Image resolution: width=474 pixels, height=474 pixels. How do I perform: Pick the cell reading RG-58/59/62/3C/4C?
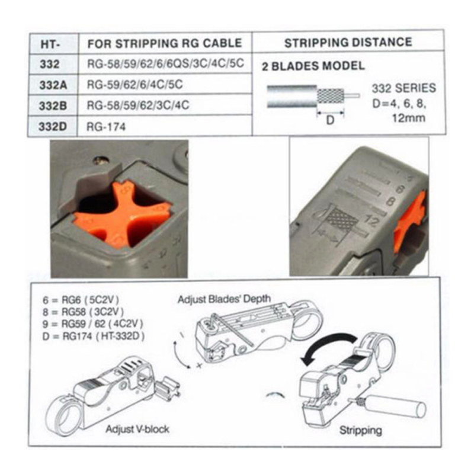137,105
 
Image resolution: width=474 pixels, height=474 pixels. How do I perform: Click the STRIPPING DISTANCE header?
348,43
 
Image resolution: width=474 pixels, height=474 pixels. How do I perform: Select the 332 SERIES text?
403,89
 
